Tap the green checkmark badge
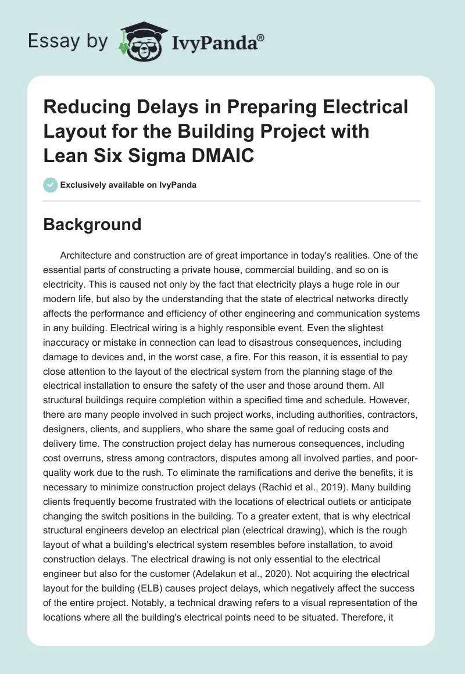(x=51, y=185)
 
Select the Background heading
(x=92, y=224)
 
